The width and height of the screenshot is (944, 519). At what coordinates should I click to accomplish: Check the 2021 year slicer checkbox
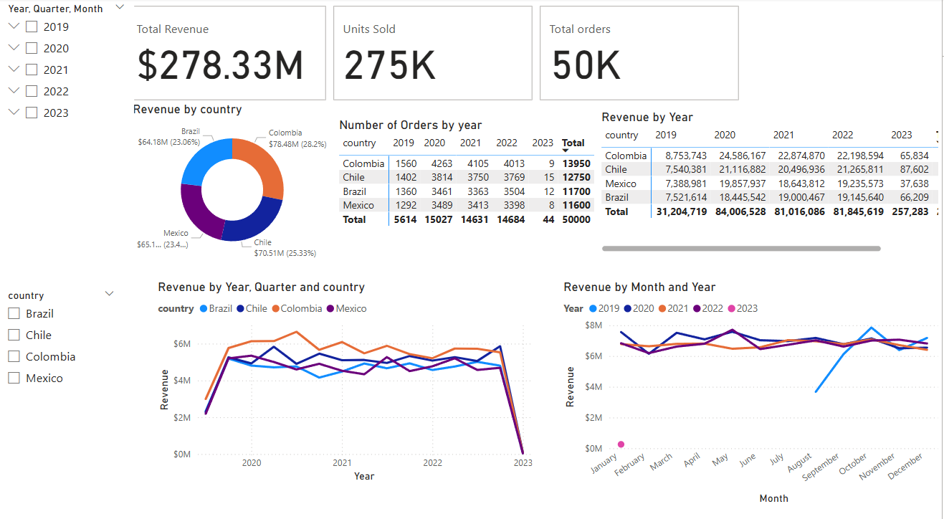click(x=32, y=70)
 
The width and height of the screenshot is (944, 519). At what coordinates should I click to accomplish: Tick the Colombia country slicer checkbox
click(x=14, y=356)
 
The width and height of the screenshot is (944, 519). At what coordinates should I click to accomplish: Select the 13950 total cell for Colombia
click(x=576, y=163)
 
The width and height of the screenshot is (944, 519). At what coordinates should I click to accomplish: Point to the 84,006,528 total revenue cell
click(x=741, y=211)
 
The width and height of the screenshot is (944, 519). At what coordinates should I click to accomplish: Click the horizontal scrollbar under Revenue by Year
click(x=741, y=249)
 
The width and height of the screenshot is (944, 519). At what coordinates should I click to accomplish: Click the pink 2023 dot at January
click(x=621, y=444)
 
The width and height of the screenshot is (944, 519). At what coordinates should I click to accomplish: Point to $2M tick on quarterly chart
click(x=182, y=417)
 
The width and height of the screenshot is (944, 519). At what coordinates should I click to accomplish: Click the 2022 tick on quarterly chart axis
click(x=432, y=463)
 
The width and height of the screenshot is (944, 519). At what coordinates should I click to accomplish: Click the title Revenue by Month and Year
click(x=639, y=287)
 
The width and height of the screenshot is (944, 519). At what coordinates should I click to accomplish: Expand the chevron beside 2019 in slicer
click(x=13, y=27)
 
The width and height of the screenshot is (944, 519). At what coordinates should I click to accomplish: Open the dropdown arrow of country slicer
click(x=110, y=294)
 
